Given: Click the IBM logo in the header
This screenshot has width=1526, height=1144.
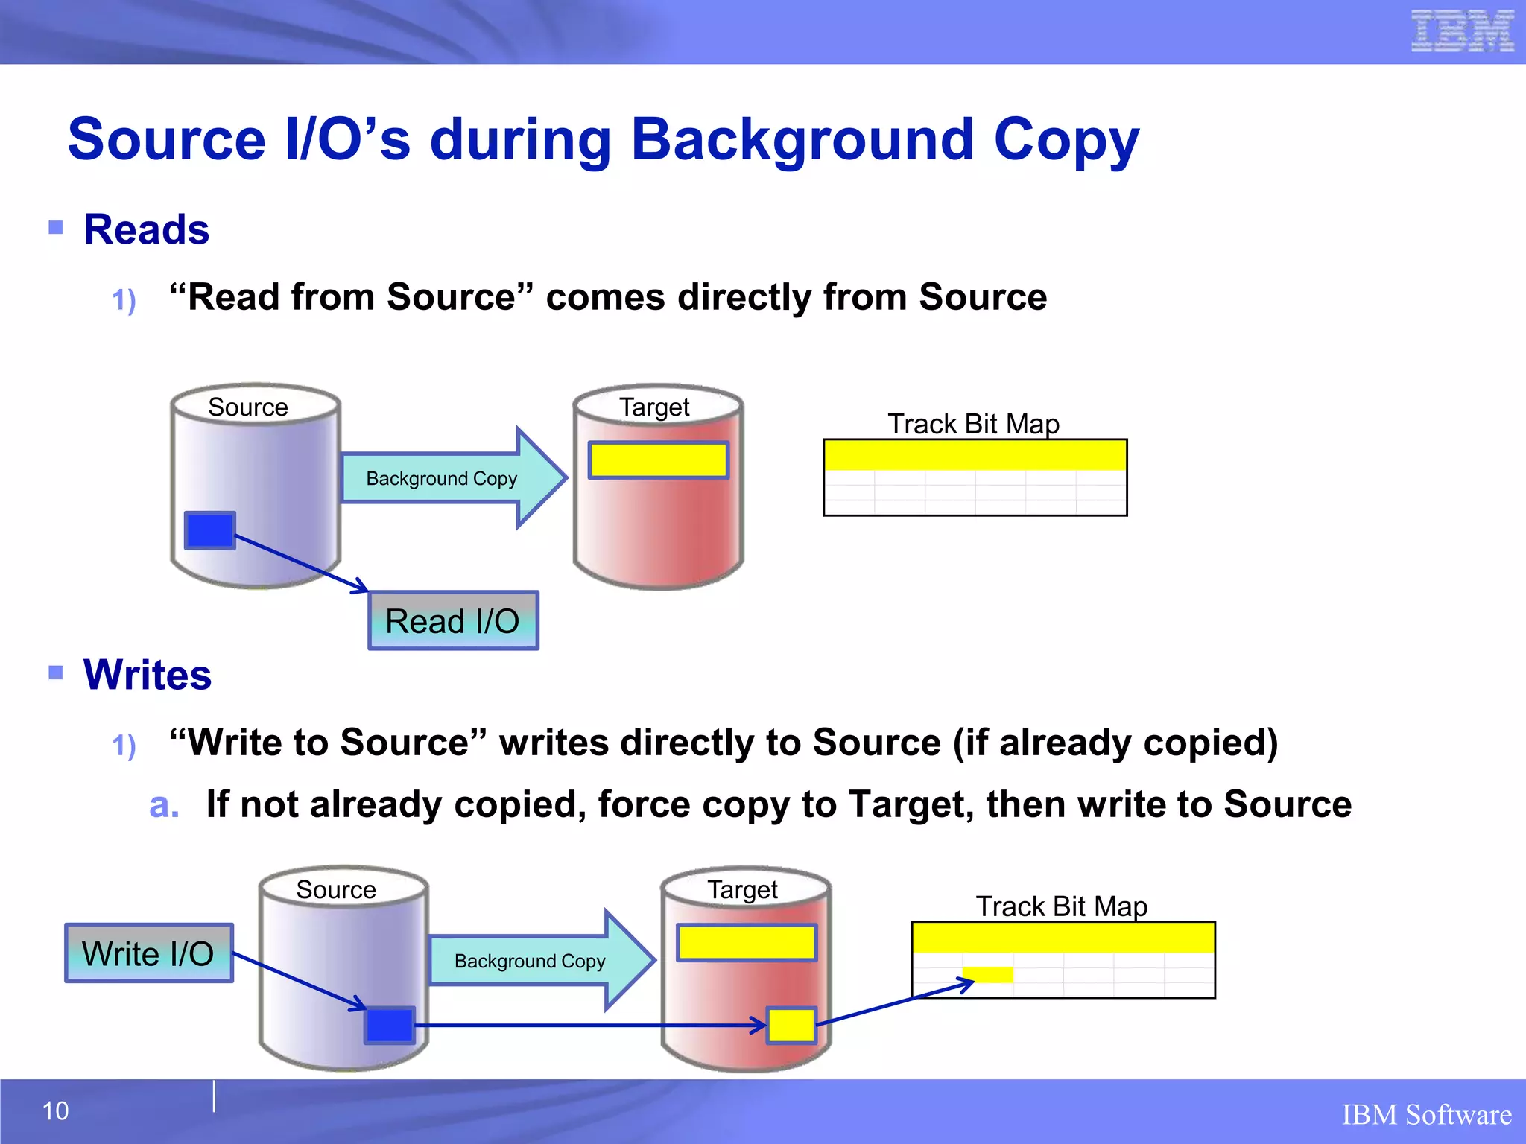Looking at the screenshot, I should (1462, 31).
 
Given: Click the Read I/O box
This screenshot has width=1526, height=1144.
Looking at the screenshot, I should (453, 621).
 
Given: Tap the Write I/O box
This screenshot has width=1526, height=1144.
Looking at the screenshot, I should (149, 953).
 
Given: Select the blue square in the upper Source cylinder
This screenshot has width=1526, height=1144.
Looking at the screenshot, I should (210, 530).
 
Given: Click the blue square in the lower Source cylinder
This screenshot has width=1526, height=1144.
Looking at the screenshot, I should (389, 1026).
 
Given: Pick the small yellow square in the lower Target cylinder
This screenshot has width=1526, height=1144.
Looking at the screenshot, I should (792, 1026).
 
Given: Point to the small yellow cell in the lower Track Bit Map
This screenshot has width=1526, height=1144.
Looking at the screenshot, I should (988, 974).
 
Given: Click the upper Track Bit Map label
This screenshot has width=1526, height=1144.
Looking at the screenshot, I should (973, 424).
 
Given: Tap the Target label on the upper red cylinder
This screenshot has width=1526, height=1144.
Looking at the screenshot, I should (654, 407).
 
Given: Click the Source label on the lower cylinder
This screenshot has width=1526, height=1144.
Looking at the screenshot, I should (336, 889).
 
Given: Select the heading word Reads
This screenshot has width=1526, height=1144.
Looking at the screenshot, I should (147, 229).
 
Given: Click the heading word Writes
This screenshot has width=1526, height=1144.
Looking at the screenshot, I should (148, 675).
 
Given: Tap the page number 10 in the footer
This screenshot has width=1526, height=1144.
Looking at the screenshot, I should (55, 1111).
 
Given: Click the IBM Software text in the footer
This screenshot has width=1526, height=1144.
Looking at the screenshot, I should (1426, 1115).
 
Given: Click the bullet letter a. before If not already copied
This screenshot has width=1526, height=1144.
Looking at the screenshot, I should (164, 805).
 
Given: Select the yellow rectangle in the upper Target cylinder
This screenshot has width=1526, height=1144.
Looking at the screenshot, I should (658, 460).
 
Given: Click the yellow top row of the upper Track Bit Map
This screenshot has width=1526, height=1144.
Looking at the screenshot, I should (975, 455).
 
